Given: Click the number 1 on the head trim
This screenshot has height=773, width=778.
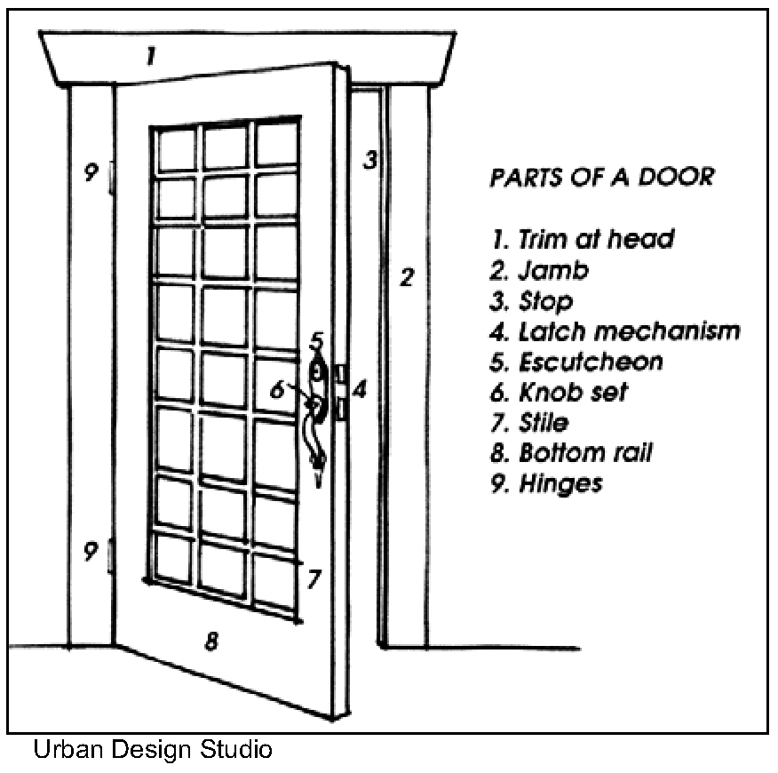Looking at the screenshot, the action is click(151, 58).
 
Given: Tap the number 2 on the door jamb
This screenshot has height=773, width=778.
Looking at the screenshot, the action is click(406, 277).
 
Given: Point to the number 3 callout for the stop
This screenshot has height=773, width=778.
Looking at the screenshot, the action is click(370, 160).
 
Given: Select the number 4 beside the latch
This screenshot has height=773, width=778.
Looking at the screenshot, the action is click(360, 388).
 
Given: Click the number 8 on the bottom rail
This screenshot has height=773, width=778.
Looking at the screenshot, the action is click(211, 640).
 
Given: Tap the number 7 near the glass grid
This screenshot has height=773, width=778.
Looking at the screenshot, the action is click(313, 579).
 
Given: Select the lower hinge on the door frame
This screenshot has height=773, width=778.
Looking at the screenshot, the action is click(111, 556).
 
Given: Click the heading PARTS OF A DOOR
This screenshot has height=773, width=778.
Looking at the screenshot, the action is click(601, 177).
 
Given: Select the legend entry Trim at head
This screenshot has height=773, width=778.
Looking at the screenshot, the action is click(582, 239).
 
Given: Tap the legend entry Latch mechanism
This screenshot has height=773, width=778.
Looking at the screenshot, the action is click(615, 331).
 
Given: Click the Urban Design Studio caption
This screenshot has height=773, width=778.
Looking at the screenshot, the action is click(152, 751).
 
